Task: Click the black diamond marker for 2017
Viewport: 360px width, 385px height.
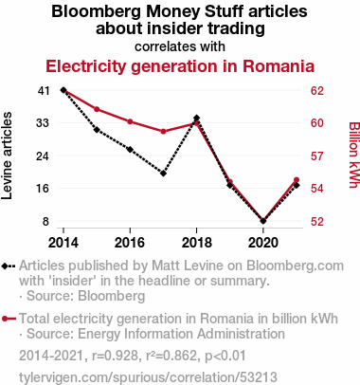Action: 163,174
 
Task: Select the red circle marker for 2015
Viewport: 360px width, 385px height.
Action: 97,109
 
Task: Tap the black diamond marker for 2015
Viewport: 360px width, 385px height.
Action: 97,130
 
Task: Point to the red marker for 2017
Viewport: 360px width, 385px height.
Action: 163,132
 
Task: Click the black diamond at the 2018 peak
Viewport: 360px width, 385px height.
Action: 197,118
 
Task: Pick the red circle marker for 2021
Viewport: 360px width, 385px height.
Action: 297,180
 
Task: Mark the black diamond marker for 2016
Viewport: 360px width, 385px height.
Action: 130,150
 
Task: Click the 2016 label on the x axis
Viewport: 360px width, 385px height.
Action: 130,243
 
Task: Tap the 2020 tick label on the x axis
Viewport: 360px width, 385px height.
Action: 263,243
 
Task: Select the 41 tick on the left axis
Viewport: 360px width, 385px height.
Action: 44,91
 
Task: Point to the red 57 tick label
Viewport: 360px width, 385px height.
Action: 317,156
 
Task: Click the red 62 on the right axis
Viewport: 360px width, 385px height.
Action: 317,91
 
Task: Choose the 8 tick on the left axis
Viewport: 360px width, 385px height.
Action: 46,221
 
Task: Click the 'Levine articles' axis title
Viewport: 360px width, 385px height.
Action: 7,156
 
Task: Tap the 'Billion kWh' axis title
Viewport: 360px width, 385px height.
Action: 354,155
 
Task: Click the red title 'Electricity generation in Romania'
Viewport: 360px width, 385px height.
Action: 180,66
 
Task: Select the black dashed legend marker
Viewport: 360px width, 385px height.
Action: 9,266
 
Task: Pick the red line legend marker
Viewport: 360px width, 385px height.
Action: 9,319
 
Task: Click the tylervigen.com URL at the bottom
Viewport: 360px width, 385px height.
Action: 148,377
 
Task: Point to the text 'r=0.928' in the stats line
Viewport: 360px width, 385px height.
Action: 115,356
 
